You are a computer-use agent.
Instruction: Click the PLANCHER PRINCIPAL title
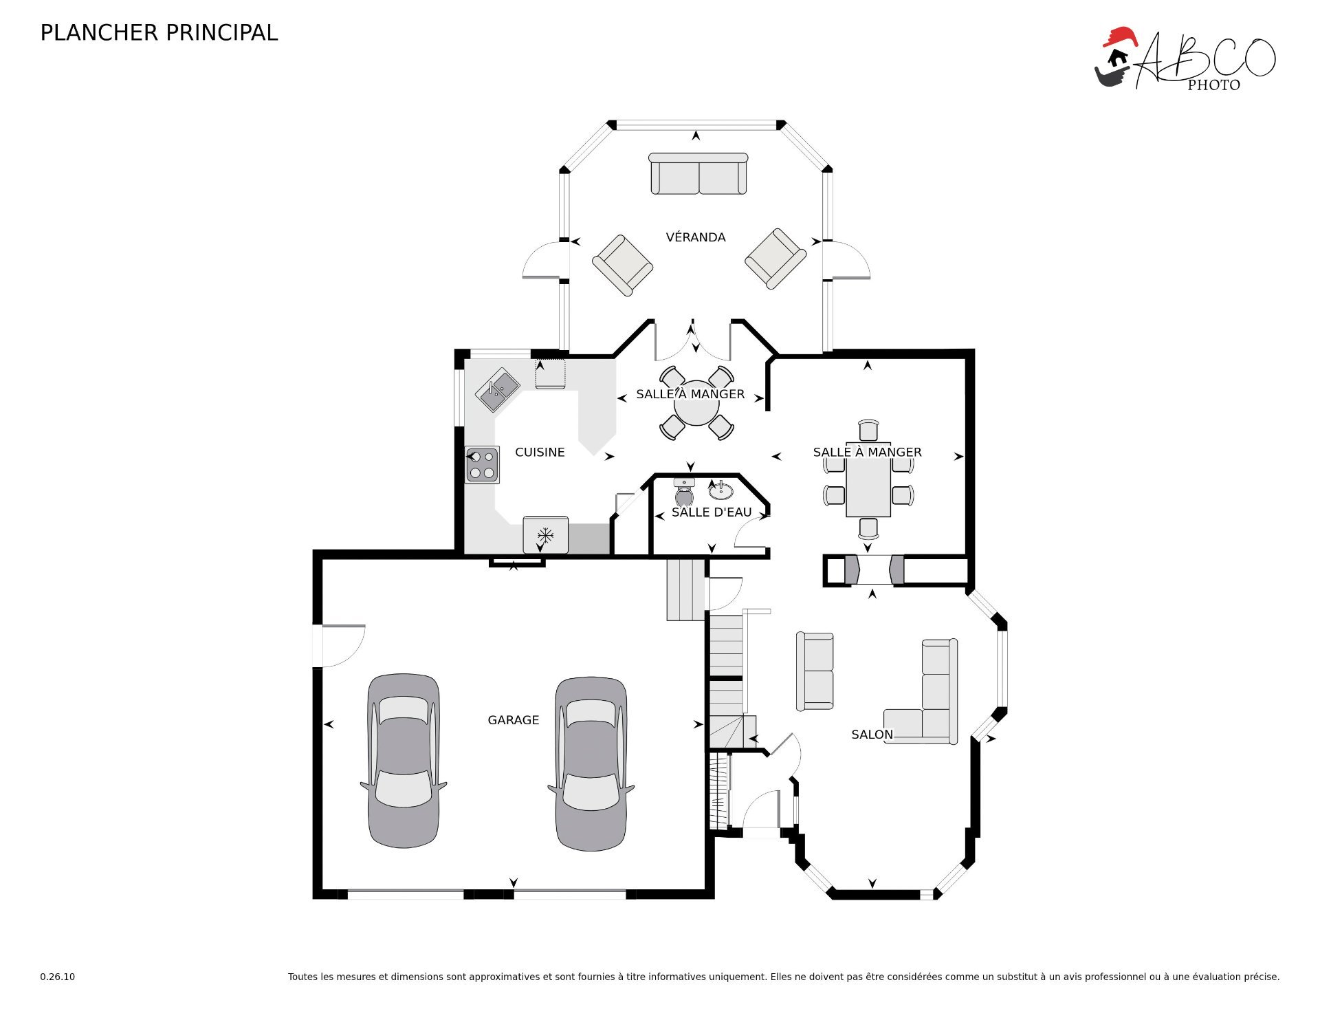[x=159, y=33]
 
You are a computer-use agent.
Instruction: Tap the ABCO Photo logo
[x=1185, y=59]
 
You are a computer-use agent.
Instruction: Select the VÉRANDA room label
[x=696, y=237]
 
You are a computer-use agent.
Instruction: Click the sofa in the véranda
[x=698, y=174]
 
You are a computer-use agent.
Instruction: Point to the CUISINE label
[x=540, y=452]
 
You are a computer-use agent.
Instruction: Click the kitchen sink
[x=498, y=390]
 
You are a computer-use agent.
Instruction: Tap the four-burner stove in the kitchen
[x=482, y=465]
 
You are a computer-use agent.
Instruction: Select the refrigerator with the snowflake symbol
[x=545, y=535]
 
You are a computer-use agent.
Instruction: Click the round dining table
[x=696, y=404]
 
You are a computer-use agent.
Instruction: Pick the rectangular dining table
[x=868, y=479]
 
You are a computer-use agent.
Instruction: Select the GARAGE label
[x=514, y=720]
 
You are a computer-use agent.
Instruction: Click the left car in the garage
[x=404, y=761]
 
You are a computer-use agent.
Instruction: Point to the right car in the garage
[x=591, y=764]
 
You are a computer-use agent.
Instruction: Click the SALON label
[x=872, y=735]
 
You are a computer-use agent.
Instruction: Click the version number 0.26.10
[x=58, y=977]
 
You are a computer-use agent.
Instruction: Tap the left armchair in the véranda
[x=622, y=265]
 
